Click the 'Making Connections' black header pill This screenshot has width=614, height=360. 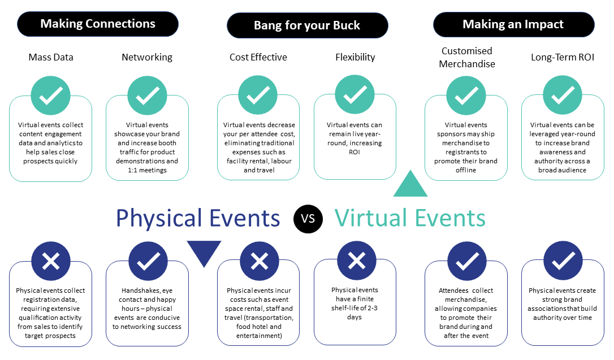point(98,24)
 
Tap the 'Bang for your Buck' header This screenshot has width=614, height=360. point(308,25)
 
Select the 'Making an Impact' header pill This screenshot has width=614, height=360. point(514,25)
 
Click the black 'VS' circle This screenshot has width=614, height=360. point(308,218)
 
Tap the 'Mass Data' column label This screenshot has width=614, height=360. point(51,57)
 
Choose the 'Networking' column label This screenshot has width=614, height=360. point(147,58)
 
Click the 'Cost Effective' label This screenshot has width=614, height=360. point(258,57)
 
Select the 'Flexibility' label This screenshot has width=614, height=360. point(355,58)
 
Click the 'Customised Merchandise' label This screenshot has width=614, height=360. point(467,58)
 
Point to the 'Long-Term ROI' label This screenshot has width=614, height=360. point(563,57)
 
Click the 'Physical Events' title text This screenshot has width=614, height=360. point(198,218)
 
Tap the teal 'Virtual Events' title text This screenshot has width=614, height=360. point(410,218)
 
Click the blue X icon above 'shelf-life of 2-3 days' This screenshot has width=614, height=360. point(356,261)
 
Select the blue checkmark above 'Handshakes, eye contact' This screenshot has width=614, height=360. point(148,262)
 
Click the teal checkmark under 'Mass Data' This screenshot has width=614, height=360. point(50,96)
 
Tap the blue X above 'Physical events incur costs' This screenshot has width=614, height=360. point(260,262)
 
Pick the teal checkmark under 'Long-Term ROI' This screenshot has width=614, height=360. point(563,95)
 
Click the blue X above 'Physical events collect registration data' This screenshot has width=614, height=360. point(51,262)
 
